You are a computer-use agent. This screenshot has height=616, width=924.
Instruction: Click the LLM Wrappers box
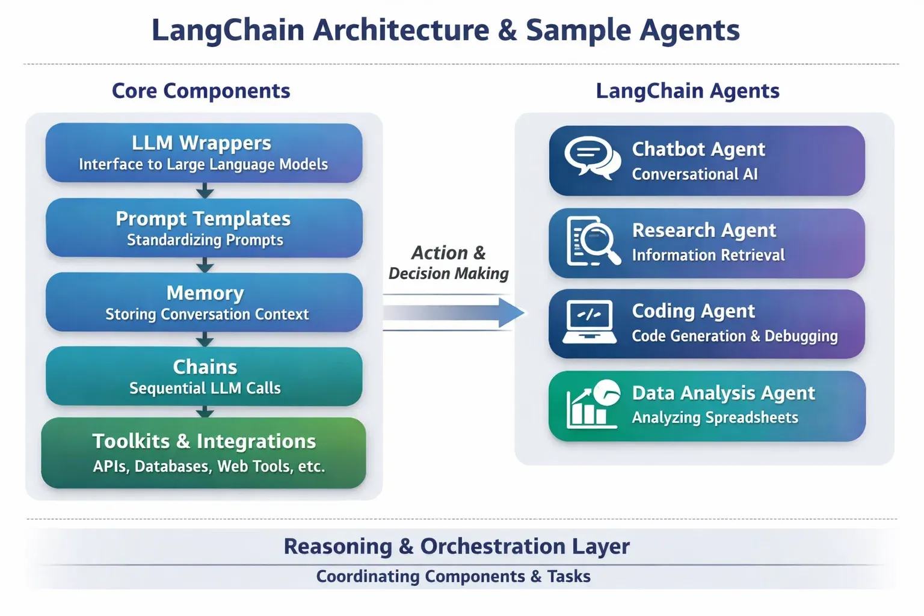pyautogui.click(x=204, y=153)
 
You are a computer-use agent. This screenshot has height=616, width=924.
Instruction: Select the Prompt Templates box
pyautogui.click(x=204, y=228)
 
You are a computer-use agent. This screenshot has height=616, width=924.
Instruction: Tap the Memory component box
pyautogui.click(x=204, y=302)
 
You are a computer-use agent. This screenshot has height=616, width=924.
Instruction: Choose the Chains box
pyautogui.click(x=204, y=376)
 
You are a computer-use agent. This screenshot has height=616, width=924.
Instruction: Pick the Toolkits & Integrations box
pyautogui.click(x=204, y=452)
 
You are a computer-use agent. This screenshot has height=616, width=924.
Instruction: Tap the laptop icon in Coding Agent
pyautogui.click(x=590, y=322)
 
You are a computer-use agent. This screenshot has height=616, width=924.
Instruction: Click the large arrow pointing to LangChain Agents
pyautogui.click(x=454, y=313)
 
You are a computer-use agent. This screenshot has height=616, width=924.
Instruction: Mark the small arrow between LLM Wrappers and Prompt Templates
pyautogui.click(x=205, y=191)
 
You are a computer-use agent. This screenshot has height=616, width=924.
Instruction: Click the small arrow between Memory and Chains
pyautogui.click(x=205, y=340)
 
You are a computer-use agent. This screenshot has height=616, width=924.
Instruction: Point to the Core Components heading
pyautogui.click(x=201, y=91)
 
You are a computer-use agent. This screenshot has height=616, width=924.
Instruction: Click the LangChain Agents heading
pyautogui.click(x=688, y=91)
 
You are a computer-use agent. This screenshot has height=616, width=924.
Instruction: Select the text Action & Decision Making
pyautogui.click(x=449, y=263)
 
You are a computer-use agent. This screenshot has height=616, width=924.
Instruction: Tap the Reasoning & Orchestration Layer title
pyautogui.click(x=457, y=546)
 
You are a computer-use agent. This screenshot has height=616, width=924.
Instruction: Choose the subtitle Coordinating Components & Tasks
pyautogui.click(x=454, y=576)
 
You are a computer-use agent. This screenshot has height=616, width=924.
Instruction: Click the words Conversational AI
pyautogui.click(x=695, y=174)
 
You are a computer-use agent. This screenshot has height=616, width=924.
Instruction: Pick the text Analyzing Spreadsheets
pyautogui.click(x=715, y=417)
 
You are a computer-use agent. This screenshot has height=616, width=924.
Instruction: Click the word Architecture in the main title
pyautogui.click(x=401, y=30)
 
